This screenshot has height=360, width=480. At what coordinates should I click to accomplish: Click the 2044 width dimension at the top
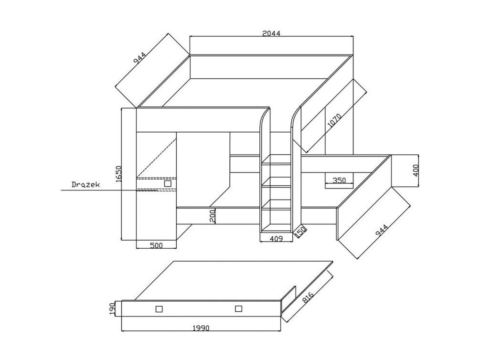tap(271, 33)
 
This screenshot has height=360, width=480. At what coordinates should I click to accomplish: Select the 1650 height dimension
tap(119, 174)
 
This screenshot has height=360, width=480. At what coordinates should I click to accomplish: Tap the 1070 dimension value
tap(334, 121)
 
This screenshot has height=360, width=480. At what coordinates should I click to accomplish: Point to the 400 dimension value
tap(416, 170)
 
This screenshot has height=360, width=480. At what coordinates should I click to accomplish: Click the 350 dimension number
tap(339, 180)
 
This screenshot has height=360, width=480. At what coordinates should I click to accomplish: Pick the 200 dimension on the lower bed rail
tap(213, 216)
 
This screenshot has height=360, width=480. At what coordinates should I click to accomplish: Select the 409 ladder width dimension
tap(277, 239)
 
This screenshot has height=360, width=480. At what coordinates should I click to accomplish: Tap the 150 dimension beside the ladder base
tap(300, 232)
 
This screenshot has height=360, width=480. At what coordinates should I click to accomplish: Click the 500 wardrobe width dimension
tap(156, 245)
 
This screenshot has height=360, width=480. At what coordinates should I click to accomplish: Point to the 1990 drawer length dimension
tap(201, 328)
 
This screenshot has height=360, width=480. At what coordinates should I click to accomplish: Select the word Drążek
tap(85, 185)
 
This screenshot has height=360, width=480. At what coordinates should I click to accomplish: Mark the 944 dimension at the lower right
tap(382, 230)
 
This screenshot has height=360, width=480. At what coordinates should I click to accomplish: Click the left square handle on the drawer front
tap(159, 309)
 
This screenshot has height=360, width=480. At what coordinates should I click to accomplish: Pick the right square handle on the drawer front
tap(238, 308)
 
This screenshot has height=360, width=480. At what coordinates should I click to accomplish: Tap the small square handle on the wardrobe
tap(168, 184)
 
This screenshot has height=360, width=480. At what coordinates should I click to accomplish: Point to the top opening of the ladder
tap(276, 159)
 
